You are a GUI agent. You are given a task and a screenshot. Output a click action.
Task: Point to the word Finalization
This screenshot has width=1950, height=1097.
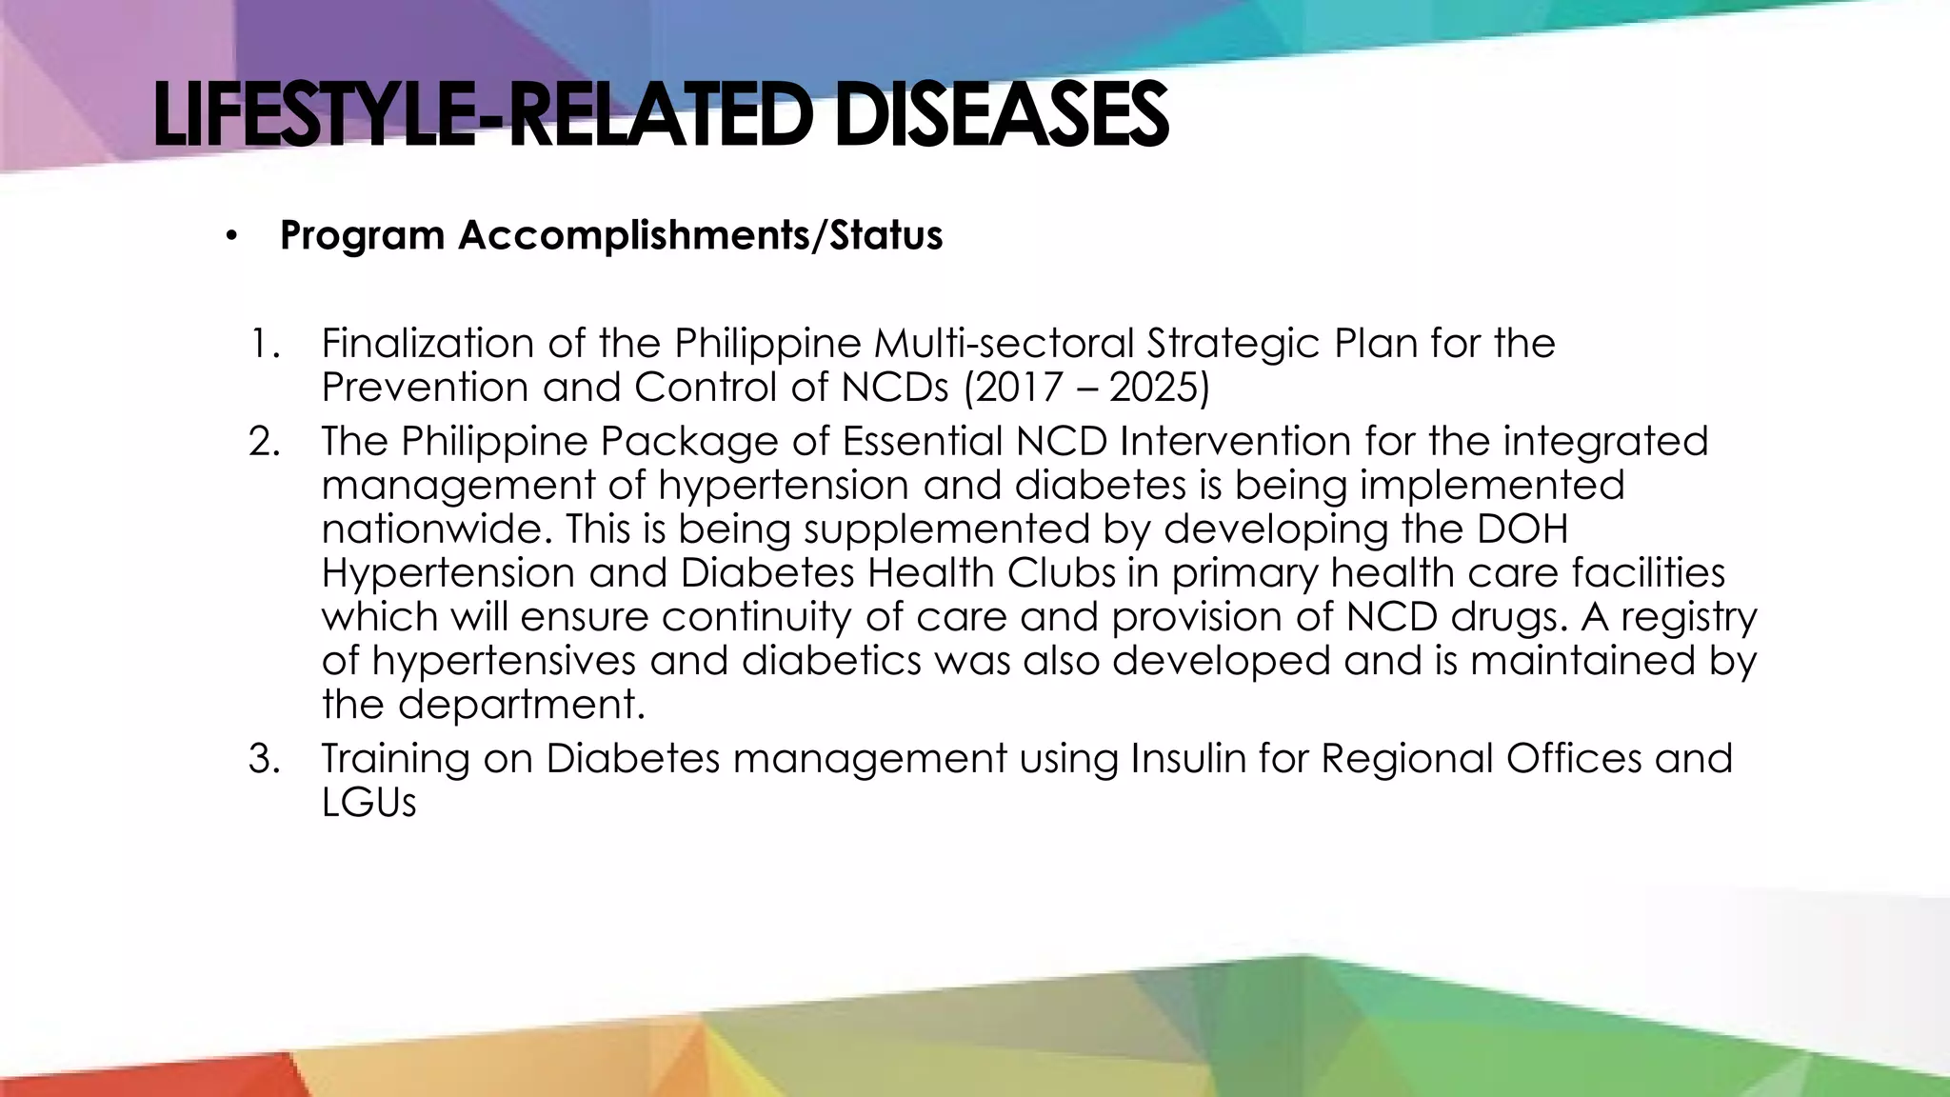428,343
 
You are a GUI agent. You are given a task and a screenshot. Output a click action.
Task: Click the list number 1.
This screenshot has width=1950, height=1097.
265,343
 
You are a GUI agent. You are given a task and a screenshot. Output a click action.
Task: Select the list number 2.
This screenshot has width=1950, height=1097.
265,442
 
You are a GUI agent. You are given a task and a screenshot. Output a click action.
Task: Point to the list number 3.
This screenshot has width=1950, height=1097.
265,759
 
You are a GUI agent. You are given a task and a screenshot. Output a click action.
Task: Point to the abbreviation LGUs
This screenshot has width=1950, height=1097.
368,803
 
